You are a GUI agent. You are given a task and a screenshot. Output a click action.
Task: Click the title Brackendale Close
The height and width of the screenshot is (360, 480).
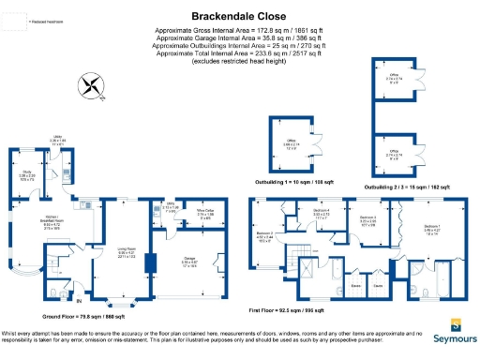(x=239, y=16)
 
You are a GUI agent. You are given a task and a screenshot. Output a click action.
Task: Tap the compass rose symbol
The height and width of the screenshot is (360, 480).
(x=90, y=87)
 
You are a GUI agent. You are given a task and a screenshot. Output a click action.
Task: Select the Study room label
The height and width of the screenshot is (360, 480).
(x=28, y=175)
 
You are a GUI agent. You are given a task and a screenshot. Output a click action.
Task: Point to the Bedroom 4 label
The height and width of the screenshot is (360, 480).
(x=321, y=214)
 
